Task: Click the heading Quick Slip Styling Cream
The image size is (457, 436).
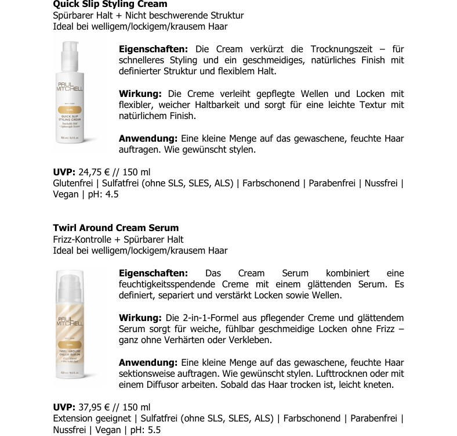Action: coord(110,4)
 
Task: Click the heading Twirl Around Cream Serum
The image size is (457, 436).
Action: coord(115,228)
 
